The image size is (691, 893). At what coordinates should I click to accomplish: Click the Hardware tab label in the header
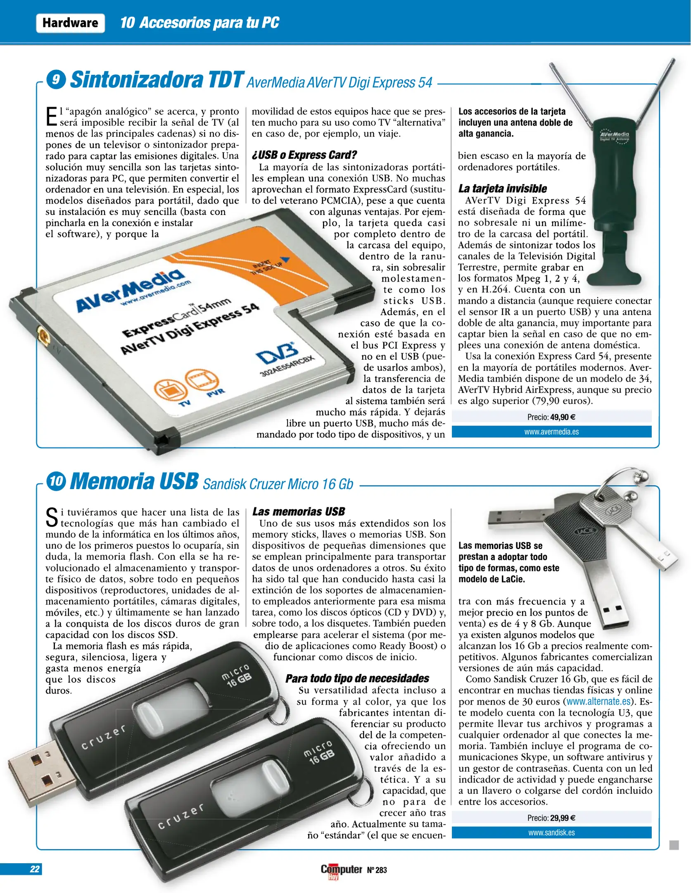pyautogui.click(x=70, y=23)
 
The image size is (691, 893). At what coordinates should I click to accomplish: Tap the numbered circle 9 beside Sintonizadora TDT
pyautogui.click(x=56, y=79)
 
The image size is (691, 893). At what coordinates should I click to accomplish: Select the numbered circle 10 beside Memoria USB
pyautogui.click(x=56, y=481)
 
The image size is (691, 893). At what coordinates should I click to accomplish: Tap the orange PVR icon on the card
pyautogui.click(x=202, y=380)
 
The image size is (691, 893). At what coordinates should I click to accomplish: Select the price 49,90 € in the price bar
pyautogui.click(x=562, y=417)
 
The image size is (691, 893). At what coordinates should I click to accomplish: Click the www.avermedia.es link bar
pyautogui.click(x=551, y=432)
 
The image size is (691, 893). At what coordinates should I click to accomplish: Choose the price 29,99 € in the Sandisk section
pyautogui.click(x=562, y=818)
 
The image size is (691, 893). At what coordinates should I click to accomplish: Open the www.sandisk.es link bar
pyautogui.click(x=551, y=833)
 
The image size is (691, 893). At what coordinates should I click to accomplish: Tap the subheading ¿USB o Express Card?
pyautogui.click(x=304, y=155)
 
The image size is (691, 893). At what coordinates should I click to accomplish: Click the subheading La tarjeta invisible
pyautogui.click(x=502, y=189)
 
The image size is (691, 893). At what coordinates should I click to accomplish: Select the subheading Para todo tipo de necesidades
pyautogui.click(x=357, y=678)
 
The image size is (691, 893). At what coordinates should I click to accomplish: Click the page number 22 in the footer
pyautogui.click(x=35, y=869)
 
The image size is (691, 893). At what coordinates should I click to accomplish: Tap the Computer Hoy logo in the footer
pyautogui.click(x=341, y=870)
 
